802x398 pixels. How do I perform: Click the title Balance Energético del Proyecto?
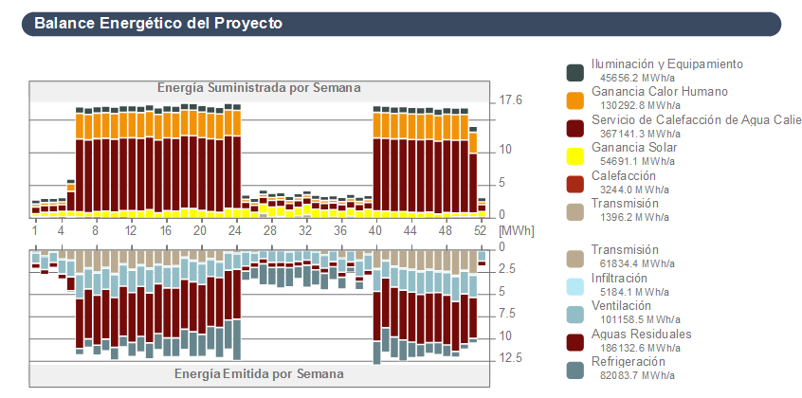coord(157,23)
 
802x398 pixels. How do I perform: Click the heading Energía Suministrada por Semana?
coord(259,88)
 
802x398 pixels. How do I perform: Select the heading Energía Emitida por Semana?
coord(259,373)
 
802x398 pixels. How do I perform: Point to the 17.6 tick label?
coord(511,99)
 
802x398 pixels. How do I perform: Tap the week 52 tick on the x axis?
coord(482,231)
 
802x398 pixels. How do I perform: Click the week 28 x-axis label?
coord(270,231)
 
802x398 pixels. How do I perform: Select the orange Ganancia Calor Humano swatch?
coord(574,99)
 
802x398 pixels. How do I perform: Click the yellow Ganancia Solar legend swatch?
coord(574,155)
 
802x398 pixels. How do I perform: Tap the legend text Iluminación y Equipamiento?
coord(666,64)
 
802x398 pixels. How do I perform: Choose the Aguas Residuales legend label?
coord(641,334)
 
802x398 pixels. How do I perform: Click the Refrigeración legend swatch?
coord(574,370)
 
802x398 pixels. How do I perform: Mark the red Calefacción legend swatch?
coord(574,183)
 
